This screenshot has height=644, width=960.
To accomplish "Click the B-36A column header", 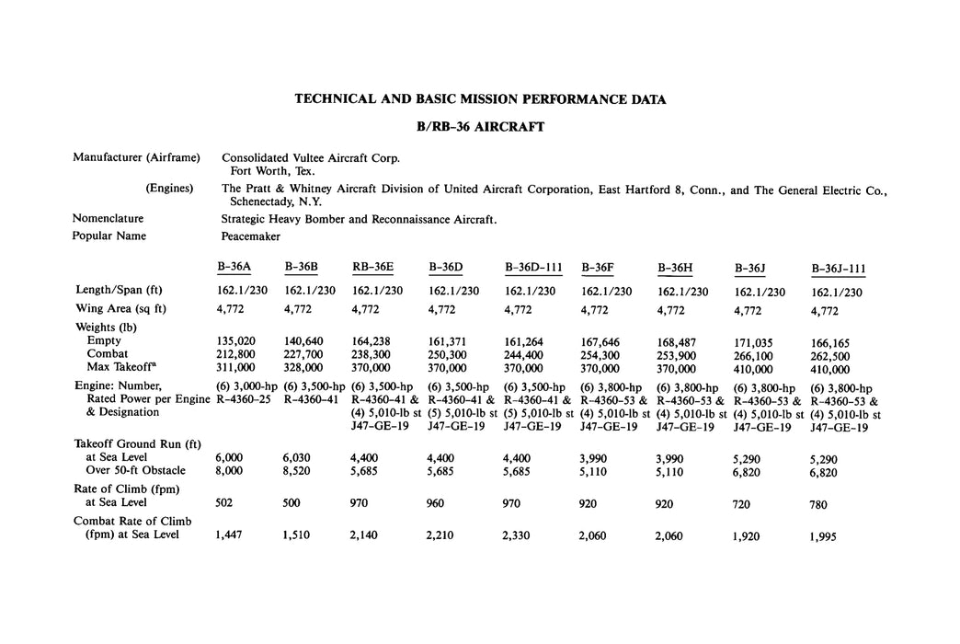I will click(x=234, y=267).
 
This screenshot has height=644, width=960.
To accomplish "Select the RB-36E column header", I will click(x=372, y=267).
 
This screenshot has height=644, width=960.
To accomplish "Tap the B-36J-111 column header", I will click(x=838, y=269).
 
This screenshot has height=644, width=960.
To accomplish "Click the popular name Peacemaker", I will click(x=251, y=236).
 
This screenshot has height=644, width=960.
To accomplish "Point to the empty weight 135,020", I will click(x=236, y=340).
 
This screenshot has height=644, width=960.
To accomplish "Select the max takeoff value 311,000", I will click(x=236, y=368).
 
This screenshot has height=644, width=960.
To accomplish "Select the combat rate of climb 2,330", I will click(x=520, y=535).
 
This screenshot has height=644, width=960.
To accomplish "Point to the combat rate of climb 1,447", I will click(x=230, y=535).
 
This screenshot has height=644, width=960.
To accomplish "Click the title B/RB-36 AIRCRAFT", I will click(x=479, y=127).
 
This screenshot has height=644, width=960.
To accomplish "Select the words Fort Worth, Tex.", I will click(x=272, y=171).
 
